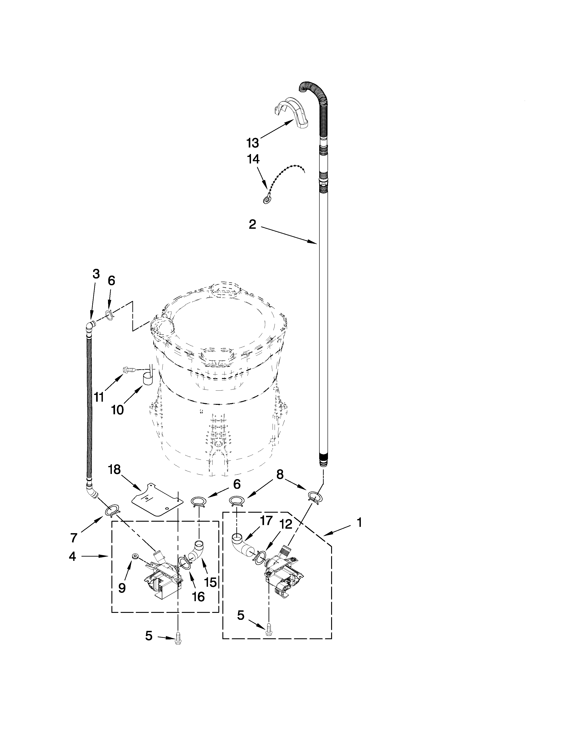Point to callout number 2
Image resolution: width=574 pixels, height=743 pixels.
click(252, 224)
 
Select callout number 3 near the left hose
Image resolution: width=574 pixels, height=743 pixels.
click(96, 274)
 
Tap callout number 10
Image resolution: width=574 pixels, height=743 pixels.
click(117, 410)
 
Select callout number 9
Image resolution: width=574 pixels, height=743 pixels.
click(122, 588)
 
